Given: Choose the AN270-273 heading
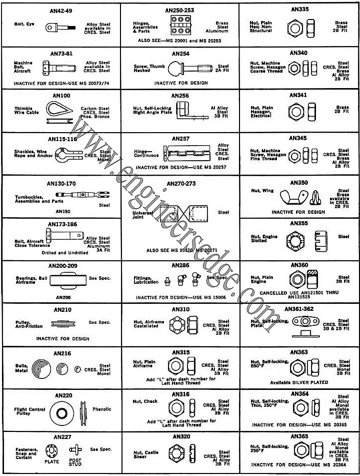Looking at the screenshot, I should point(179,183).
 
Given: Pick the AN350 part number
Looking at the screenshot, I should point(299,183).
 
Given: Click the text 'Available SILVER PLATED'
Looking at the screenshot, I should point(299,382).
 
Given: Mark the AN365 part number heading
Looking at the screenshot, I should point(299,436).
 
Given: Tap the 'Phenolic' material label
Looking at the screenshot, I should point(102,409).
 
